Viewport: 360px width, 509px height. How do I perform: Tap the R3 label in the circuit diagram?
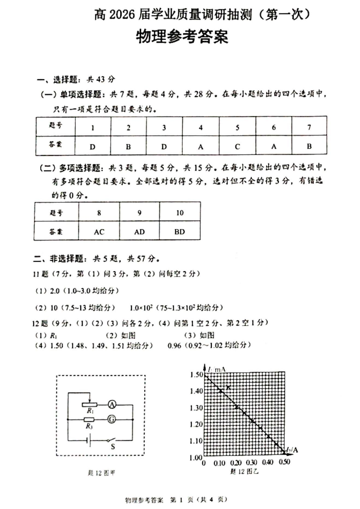(90, 427)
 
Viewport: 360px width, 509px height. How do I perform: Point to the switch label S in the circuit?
(112, 446)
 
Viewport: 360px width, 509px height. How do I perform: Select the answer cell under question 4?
(200, 146)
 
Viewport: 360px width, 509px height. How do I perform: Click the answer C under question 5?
(237, 146)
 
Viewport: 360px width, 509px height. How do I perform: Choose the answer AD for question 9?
(140, 231)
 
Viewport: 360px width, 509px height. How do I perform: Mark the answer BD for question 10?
(180, 231)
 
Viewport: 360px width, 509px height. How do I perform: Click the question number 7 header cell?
(309, 127)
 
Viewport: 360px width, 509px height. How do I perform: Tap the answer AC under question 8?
(99, 231)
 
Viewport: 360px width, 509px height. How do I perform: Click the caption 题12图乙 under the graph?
(244, 471)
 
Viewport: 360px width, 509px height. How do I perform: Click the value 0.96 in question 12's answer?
(175, 345)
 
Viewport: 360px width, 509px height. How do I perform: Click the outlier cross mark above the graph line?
(229, 388)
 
